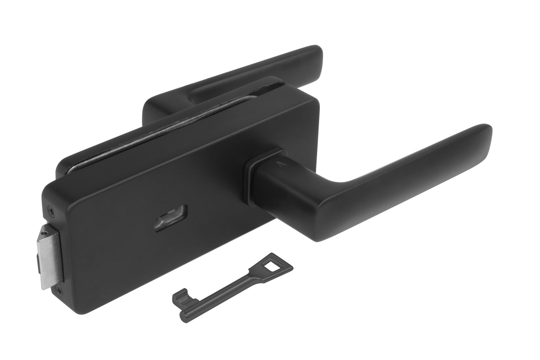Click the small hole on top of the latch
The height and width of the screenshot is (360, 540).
(44, 233)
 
